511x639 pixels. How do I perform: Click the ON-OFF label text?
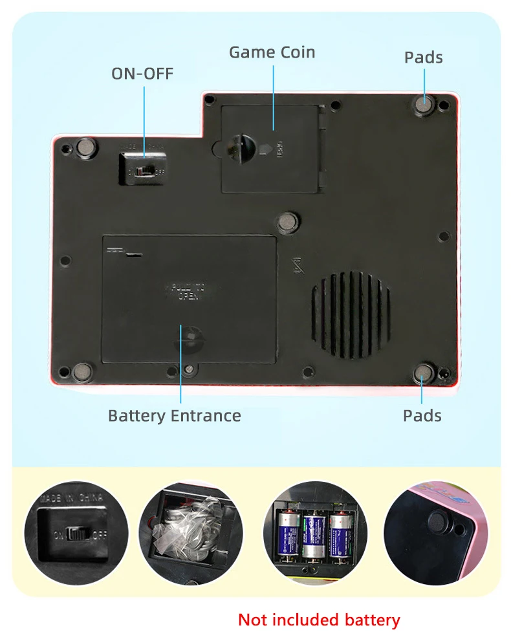[x=142, y=74]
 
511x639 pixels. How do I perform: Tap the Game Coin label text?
[x=272, y=52]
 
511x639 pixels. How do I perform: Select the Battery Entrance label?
[x=174, y=415]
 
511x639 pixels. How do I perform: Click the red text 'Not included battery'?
[x=319, y=620]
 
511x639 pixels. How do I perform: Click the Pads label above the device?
[x=423, y=58]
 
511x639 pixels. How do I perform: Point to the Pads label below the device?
[x=422, y=415]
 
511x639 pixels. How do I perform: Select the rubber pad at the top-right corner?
[x=424, y=104]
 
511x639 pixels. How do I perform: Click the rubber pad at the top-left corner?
[x=85, y=147]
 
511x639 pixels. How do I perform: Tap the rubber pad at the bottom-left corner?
[x=83, y=371]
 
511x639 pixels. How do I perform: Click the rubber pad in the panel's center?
[x=287, y=222]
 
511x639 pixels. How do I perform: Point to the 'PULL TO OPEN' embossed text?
[x=188, y=290]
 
